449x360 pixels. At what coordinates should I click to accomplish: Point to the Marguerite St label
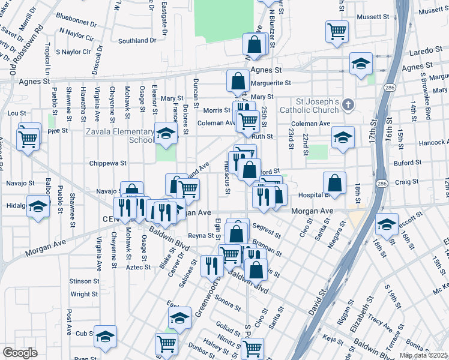tap(271, 83)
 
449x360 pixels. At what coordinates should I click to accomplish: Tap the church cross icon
tap(347, 106)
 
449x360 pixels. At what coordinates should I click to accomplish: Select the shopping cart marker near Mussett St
tap(337, 31)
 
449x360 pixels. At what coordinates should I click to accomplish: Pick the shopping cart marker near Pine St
tap(28, 139)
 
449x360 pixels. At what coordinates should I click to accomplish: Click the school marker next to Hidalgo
tap(38, 207)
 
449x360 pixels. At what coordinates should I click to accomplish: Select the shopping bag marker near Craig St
tap(334, 183)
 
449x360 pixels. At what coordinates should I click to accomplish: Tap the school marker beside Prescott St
tap(387, 225)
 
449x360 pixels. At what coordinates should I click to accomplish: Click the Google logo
tap(20, 353)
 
